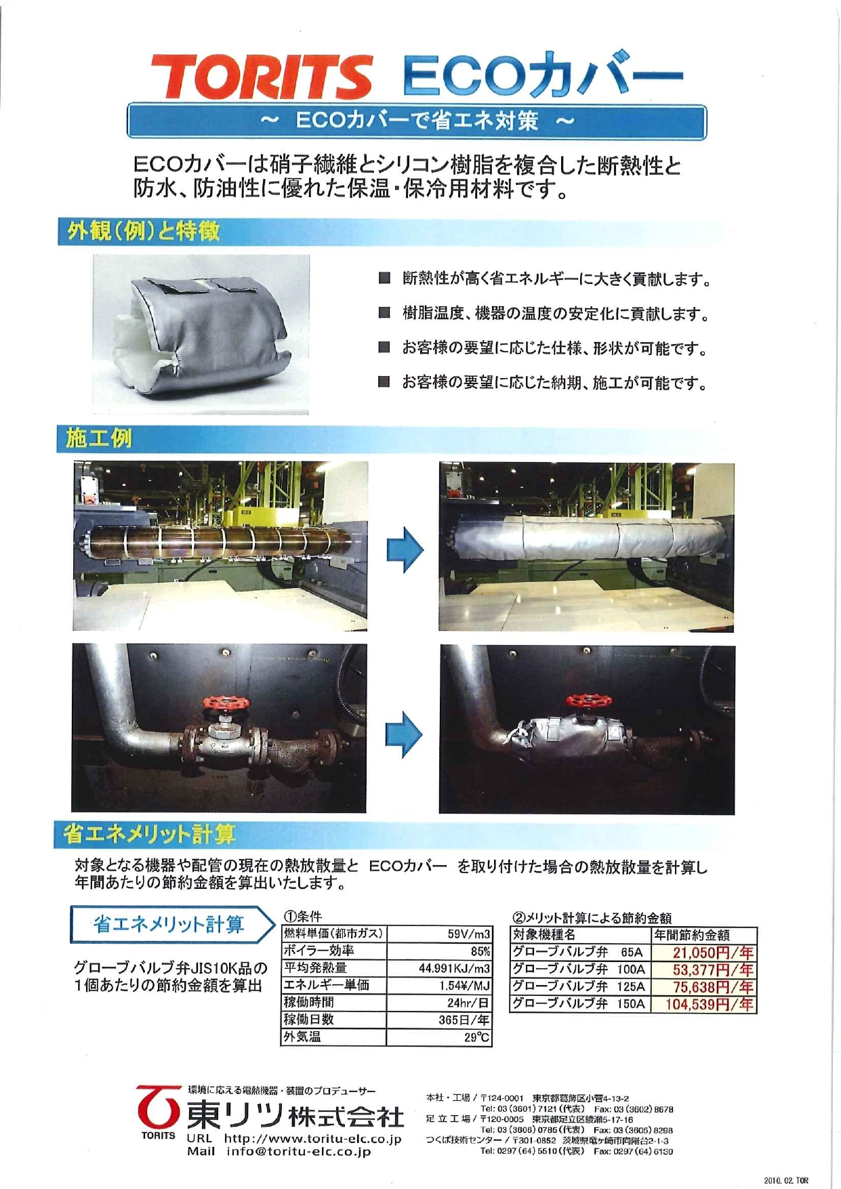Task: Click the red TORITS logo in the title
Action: (x=261, y=76)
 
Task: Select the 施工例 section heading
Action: (x=99, y=438)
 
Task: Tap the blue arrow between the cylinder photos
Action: (x=405, y=549)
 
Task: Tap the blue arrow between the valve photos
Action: (x=404, y=734)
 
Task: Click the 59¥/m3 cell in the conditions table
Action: (x=468, y=934)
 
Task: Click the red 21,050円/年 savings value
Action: (x=712, y=953)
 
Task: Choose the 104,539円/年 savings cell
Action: (x=709, y=1004)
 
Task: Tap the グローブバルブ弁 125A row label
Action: (x=579, y=986)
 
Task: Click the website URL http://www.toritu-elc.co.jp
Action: (x=312, y=1139)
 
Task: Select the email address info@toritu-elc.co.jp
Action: (x=299, y=1151)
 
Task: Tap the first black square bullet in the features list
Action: (x=384, y=278)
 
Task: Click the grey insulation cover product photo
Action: (x=201, y=335)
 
